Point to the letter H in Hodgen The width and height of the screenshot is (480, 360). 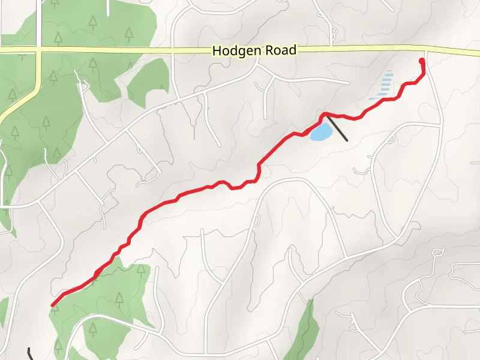(x=217, y=51)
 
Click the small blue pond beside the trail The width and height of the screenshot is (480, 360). (x=320, y=131)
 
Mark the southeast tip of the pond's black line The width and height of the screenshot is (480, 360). (x=347, y=140)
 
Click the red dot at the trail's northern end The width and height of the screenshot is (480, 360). (x=422, y=61)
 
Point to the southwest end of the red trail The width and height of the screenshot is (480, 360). (x=53, y=305)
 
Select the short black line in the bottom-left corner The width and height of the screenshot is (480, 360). (x=30, y=353)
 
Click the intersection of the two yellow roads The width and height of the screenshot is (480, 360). (x=38, y=52)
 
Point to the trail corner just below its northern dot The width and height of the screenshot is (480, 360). (x=423, y=74)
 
